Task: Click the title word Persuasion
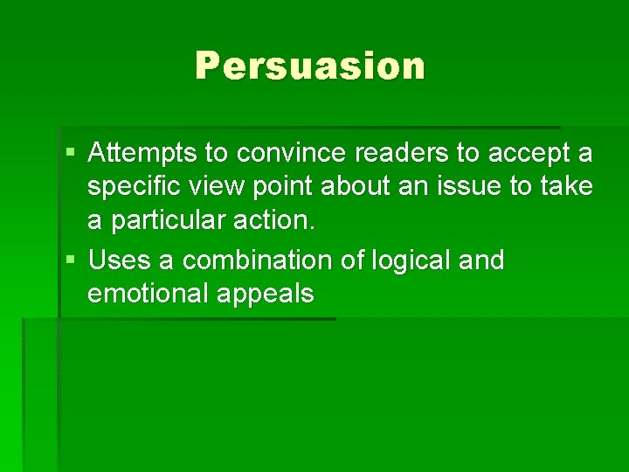(309, 66)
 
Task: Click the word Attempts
(142, 155)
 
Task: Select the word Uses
(117, 260)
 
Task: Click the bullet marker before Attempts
(72, 155)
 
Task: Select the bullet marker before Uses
(72, 260)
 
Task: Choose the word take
(568, 187)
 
